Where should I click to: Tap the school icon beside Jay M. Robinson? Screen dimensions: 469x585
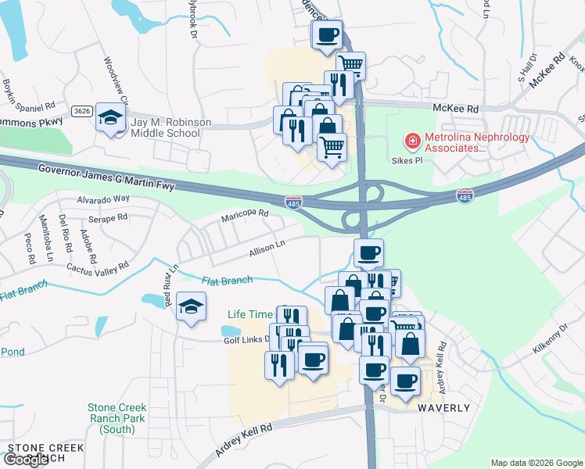coord(112,118)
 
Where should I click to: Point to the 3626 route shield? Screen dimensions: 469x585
coord(81,111)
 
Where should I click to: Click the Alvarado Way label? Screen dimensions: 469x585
coord(103,199)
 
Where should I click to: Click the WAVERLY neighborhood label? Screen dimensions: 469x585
coord(443,408)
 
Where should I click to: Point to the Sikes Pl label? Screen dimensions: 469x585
coord(407,159)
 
